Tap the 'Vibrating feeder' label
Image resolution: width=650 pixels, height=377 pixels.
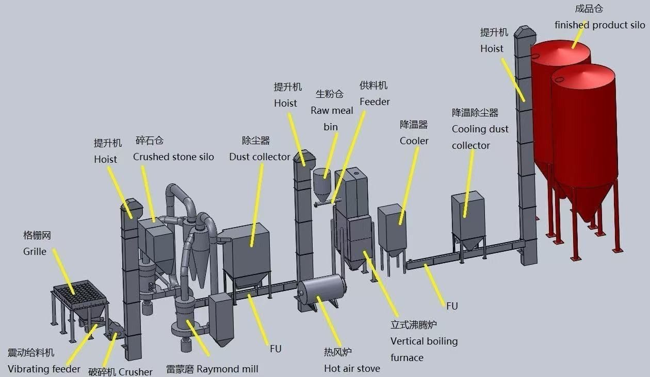point(44,369)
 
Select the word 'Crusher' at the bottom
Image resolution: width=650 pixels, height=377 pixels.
point(135,372)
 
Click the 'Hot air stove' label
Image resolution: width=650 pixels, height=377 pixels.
point(352,368)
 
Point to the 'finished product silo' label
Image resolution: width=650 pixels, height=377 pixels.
point(599,25)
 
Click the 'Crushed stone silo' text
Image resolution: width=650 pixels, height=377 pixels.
point(173,157)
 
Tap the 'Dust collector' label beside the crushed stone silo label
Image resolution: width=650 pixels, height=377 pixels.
point(259,157)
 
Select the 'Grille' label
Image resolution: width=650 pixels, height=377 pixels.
point(35,251)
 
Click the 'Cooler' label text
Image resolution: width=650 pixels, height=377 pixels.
point(414,141)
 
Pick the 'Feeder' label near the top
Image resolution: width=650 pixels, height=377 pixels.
point(375,101)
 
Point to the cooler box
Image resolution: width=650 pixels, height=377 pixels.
point(392,227)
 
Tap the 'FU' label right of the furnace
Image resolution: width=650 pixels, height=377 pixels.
point(452,306)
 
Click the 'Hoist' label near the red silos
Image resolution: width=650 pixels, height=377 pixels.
point(492,48)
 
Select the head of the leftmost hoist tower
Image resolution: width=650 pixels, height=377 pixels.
point(132,209)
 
